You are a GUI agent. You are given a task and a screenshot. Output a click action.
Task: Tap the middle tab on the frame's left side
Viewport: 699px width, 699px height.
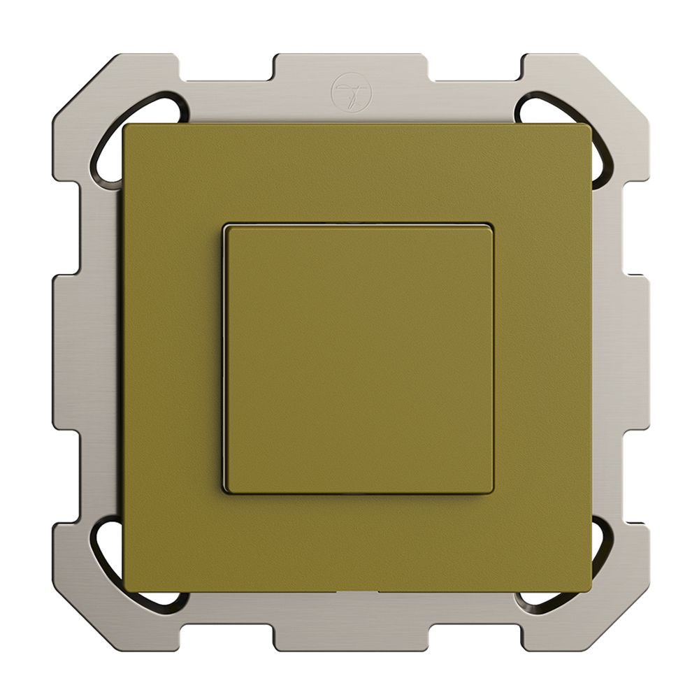70,349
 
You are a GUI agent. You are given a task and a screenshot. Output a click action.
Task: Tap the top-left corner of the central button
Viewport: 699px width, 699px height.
226,226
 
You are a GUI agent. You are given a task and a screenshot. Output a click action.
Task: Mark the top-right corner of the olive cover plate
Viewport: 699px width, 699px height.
589,127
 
